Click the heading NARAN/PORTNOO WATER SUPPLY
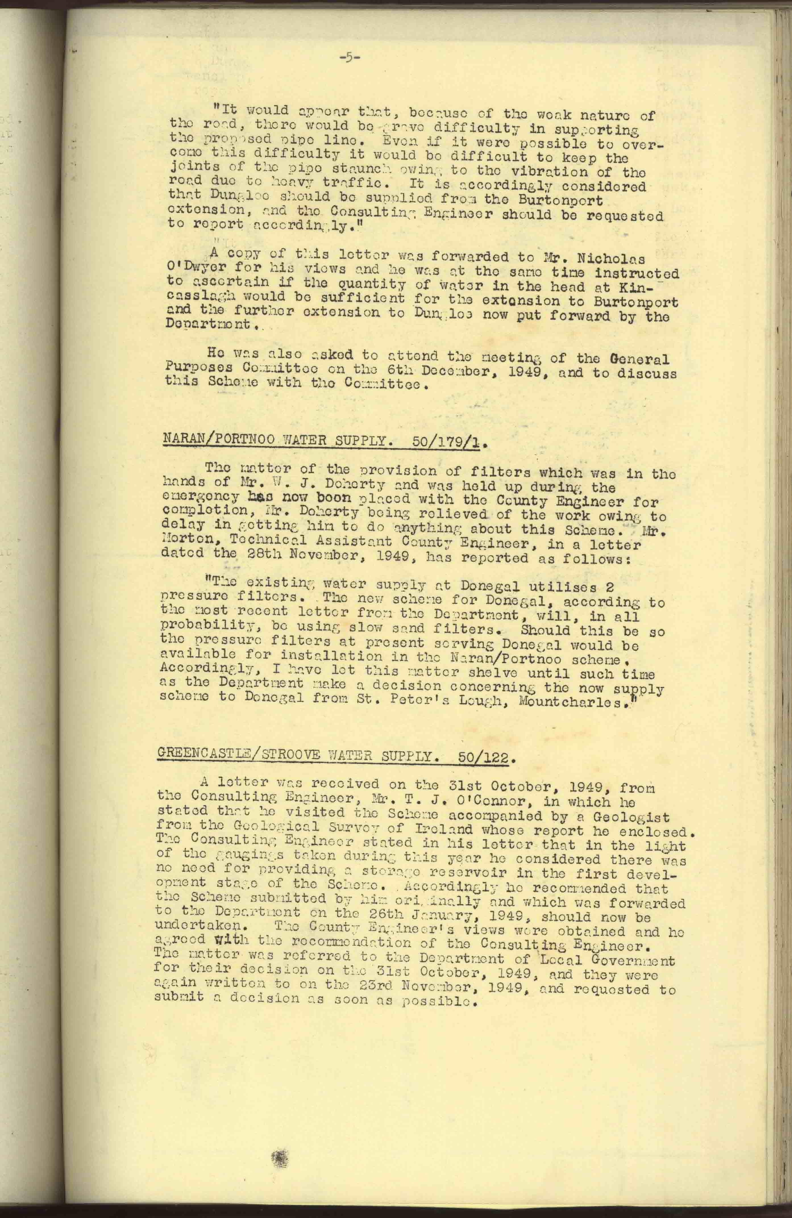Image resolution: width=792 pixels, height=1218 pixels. point(274,440)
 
